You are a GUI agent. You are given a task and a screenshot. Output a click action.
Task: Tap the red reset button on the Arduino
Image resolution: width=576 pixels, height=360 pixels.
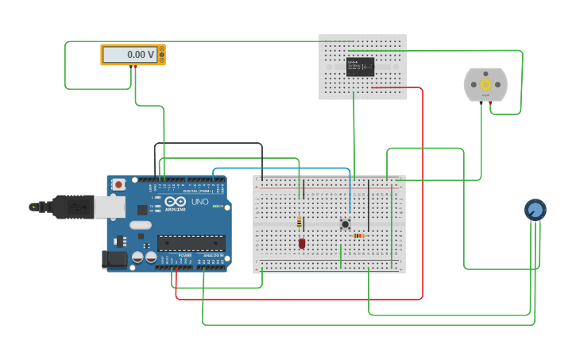click(x=118, y=184)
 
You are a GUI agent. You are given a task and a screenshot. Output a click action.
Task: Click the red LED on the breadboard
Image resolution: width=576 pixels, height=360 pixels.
click(x=302, y=243)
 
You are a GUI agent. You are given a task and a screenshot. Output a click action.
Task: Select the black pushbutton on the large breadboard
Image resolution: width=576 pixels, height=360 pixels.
click(x=345, y=224)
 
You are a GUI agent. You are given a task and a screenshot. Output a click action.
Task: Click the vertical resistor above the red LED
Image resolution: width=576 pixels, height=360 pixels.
click(x=299, y=222)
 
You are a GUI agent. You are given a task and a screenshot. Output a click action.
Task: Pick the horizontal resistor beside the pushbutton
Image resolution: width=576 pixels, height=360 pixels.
click(x=359, y=235)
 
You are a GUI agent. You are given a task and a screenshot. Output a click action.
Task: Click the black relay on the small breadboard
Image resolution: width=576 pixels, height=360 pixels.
click(x=360, y=67)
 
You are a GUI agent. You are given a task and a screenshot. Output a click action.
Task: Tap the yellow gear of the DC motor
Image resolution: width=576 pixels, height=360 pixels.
click(x=485, y=84)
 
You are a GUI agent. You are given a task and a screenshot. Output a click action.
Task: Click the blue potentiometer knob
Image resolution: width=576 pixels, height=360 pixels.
click(x=535, y=210)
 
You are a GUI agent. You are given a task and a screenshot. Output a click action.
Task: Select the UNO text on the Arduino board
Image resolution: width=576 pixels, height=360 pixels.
click(x=200, y=202)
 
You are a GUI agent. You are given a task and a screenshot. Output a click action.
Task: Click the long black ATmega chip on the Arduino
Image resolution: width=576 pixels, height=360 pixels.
click(x=191, y=243)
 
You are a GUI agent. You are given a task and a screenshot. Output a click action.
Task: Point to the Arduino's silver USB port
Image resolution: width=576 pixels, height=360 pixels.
click(x=110, y=207)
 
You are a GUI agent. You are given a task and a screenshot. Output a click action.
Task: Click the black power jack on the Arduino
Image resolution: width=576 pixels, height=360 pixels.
click(x=115, y=259)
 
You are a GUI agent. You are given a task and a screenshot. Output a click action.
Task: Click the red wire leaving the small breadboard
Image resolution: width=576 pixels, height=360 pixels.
click(x=422, y=191)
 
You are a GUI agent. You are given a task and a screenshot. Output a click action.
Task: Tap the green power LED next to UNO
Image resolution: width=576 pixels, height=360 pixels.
click(x=216, y=206)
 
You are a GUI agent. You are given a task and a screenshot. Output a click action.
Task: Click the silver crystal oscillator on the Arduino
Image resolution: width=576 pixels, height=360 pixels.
click(x=141, y=225)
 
